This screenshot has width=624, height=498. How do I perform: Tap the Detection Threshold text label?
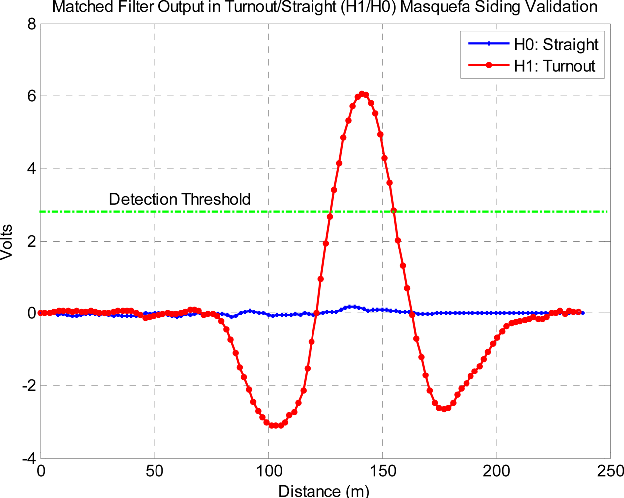point(179,199)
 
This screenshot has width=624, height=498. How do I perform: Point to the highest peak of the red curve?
point(362,94)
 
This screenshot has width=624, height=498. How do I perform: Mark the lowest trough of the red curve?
point(275,426)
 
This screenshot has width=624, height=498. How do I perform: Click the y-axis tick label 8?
point(32,24)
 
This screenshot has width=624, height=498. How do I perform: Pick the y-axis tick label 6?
point(32,96)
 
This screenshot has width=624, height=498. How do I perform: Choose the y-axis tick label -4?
point(29,458)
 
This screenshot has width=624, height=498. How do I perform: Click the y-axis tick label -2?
point(29,385)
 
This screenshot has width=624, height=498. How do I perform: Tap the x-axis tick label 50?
point(155,471)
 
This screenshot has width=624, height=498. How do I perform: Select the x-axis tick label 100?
point(268,471)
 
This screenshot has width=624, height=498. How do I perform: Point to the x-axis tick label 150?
point(382,471)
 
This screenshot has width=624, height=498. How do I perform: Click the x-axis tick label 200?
point(496,471)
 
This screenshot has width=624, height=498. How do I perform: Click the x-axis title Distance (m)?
point(324,490)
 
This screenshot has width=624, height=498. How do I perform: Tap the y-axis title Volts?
point(7,242)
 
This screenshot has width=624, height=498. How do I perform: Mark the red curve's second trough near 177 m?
point(444,409)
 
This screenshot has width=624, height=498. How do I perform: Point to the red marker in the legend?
point(489,66)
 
